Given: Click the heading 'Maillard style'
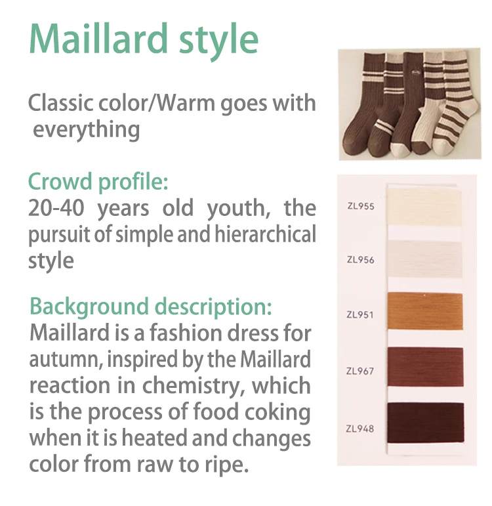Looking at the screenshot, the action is pyautogui.click(x=144, y=39).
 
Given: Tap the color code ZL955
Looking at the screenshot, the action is pyautogui.click(x=361, y=206).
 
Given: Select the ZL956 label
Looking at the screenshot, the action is pyautogui.click(x=360, y=260).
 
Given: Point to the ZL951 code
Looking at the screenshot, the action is pyautogui.click(x=360, y=314).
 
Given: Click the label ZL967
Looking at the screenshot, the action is pyautogui.click(x=359, y=371).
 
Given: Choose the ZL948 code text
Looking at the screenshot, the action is pyautogui.click(x=359, y=429).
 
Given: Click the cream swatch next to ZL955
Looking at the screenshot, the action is pyautogui.click(x=424, y=207).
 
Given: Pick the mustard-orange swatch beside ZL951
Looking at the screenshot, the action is pyautogui.click(x=425, y=311).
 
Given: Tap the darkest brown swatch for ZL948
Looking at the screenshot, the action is pyautogui.click(x=426, y=423).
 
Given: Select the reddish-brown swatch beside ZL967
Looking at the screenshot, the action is pyautogui.click(x=426, y=367).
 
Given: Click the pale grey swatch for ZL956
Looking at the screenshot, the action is pyautogui.click(x=425, y=259).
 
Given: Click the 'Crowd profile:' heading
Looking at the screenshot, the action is pyautogui.click(x=98, y=182).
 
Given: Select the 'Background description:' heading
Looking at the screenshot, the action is pyautogui.click(x=151, y=306).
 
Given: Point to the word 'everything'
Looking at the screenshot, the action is pyautogui.click(x=87, y=130).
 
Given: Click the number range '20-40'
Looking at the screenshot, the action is pyautogui.click(x=56, y=208).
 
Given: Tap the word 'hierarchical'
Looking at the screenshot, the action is pyautogui.click(x=265, y=234).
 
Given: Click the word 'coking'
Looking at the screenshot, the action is pyautogui.click(x=277, y=412).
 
